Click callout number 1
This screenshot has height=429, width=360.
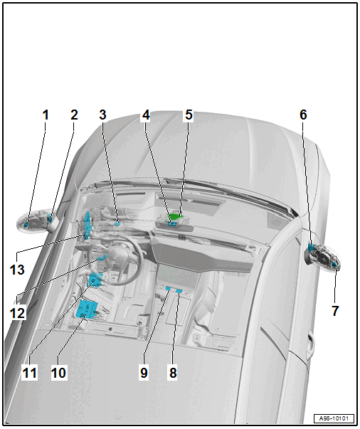tap(46, 115)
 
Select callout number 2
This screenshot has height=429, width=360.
tap(74, 115)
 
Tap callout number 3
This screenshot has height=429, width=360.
tap(102, 115)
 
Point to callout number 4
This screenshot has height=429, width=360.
tap(146, 115)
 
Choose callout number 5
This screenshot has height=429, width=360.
tap(189, 115)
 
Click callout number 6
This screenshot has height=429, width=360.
tap(303, 115)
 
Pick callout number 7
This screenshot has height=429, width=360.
tap(335, 311)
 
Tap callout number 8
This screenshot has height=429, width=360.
tap(173, 373)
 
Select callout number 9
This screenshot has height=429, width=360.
tap(144, 373)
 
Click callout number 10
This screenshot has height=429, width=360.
tap(58, 373)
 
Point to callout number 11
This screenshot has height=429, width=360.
tap(30, 373)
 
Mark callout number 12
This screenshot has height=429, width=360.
tap(17, 313)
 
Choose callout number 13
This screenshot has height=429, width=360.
tap(17, 270)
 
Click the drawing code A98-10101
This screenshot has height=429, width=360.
tap(334, 418)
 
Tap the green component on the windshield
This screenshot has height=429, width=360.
tap(175, 216)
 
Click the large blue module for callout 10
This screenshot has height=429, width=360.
tap(87, 309)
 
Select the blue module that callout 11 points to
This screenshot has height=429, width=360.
tap(95, 279)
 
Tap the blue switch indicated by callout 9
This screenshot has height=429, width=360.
tap(169, 288)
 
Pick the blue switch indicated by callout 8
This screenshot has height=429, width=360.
tap(179, 290)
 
